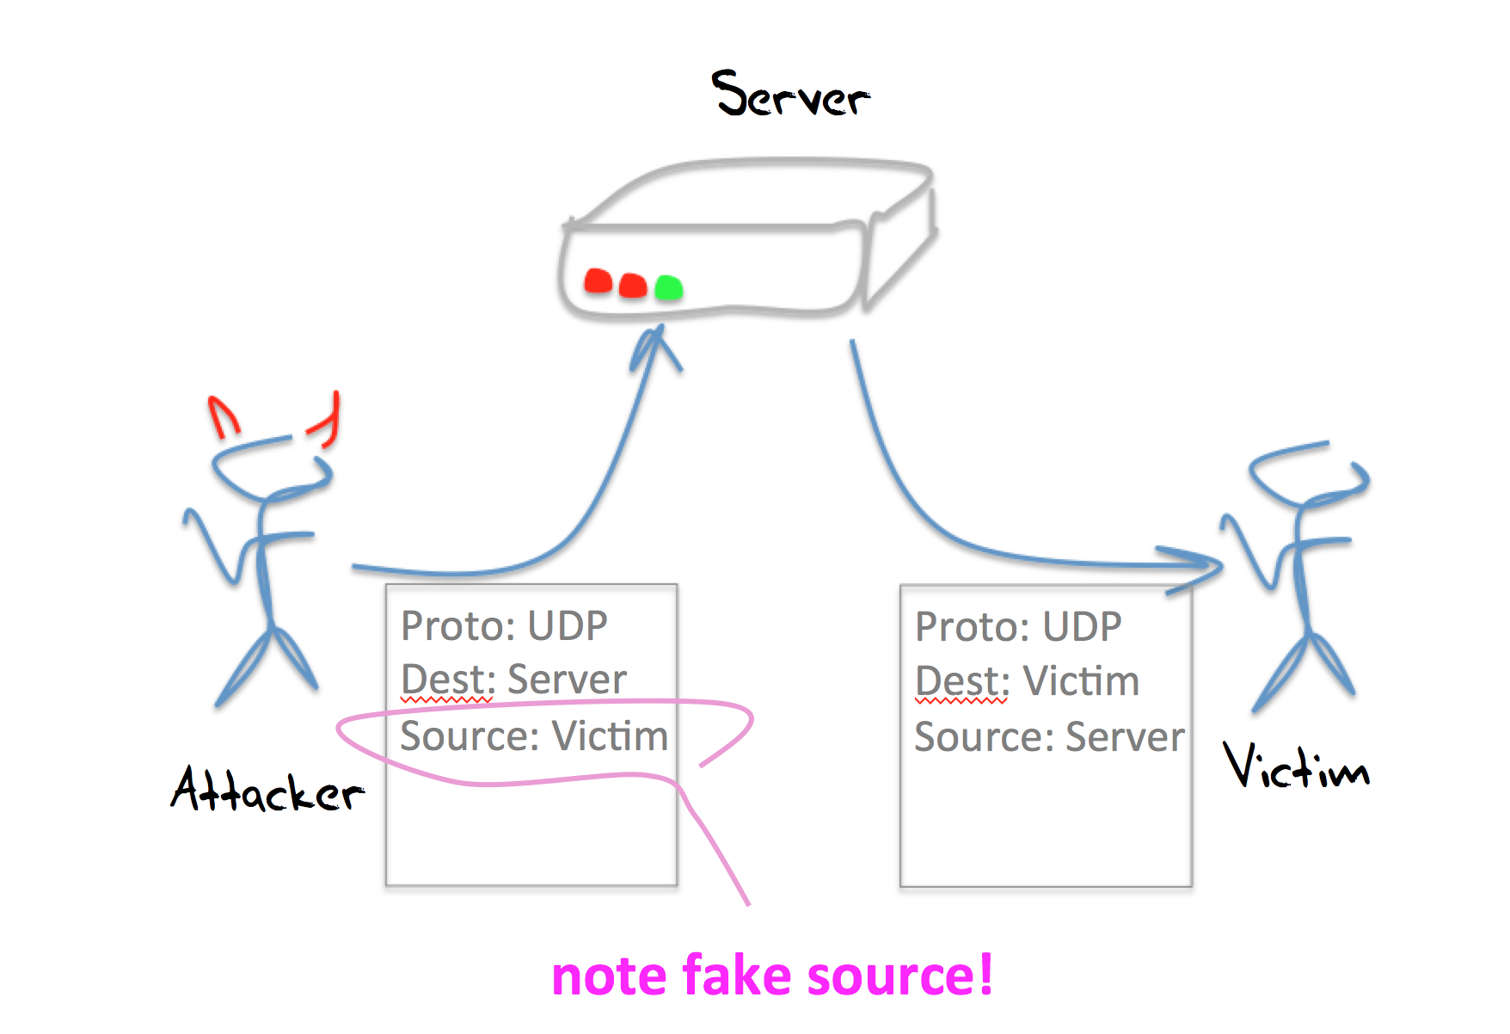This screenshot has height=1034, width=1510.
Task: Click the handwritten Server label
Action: (790, 95)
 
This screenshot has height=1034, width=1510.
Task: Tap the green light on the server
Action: (668, 287)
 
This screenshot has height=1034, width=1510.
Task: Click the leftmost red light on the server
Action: (598, 281)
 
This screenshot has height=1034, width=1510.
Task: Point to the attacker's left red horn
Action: (224, 416)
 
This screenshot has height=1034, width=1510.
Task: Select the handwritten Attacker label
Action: (267, 790)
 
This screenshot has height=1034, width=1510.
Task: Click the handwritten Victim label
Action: (1295, 767)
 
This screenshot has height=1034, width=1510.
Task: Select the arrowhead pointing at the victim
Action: (1200, 566)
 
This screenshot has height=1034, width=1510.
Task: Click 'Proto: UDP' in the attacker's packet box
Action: (504, 625)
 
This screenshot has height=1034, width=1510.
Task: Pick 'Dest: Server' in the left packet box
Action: (513, 680)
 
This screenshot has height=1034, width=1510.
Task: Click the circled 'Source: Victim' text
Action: (533, 736)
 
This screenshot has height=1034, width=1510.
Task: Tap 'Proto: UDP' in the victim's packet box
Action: (1018, 626)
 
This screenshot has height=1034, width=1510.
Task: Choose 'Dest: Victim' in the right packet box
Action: (1027, 681)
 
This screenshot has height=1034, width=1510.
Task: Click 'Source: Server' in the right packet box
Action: (1049, 737)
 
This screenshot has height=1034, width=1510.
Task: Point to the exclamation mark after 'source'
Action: (985, 975)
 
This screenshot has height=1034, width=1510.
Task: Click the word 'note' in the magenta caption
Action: (610, 977)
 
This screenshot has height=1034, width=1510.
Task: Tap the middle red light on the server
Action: (633, 285)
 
